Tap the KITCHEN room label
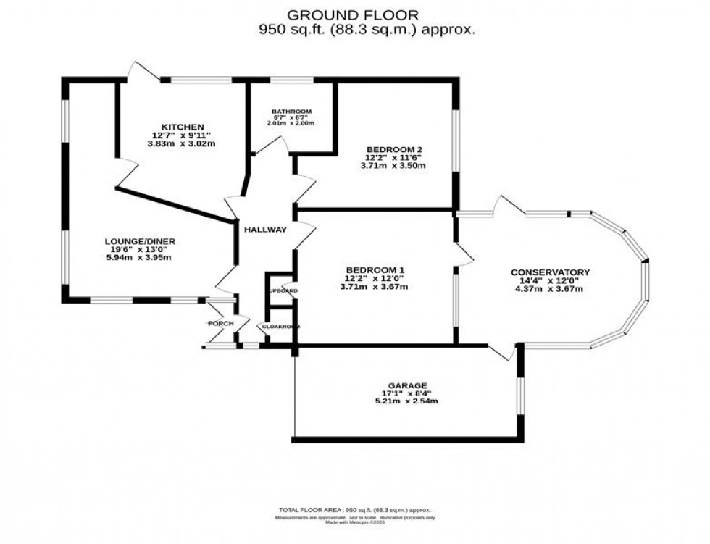click(x=177, y=127)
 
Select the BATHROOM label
click(x=291, y=112)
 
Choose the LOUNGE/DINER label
click(x=140, y=241)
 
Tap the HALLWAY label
click(x=264, y=230)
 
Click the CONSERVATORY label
click(x=550, y=272)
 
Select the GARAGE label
click(x=406, y=385)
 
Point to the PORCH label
click(x=220, y=323)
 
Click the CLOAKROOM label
click(x=280, y=327)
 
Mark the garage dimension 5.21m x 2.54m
click(x=406, y=401)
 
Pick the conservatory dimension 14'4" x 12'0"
click(x=550, y=281)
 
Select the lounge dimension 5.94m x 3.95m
click(x=140, y=258)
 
